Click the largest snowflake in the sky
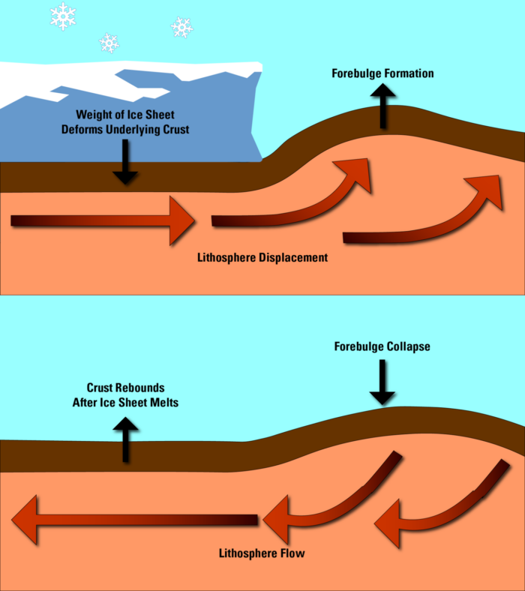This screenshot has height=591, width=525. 63,15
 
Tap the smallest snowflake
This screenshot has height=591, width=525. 109,43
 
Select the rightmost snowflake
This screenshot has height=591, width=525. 181,28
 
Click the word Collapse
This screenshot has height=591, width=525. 409,347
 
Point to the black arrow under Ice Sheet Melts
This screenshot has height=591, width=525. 125,439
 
